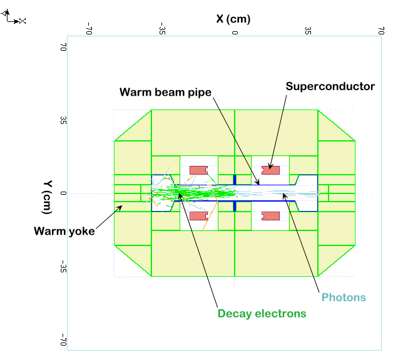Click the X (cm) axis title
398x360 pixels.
pos(235,19)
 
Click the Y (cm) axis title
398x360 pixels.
pos(48,193)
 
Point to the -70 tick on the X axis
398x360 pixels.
pos(89,29)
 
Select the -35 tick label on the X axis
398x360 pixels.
pos(162,29)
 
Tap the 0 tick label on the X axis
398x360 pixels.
pos(235,29)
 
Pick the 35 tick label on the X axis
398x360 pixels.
pos(308,29)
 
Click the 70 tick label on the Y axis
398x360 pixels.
pos(63,47)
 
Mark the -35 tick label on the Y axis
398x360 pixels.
pos(63,267)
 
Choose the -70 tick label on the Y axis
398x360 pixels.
pos(63,341)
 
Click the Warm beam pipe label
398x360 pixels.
pos(166,92)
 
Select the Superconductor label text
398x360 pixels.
pos(330,86)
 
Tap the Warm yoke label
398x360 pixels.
pos(64,231)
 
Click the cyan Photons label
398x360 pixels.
pos(343,297)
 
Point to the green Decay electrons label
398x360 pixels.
pos(262,313)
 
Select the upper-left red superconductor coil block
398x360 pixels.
pos(198,170)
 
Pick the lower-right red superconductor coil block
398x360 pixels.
pos(270,216)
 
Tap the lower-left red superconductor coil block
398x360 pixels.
pos(198,216)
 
